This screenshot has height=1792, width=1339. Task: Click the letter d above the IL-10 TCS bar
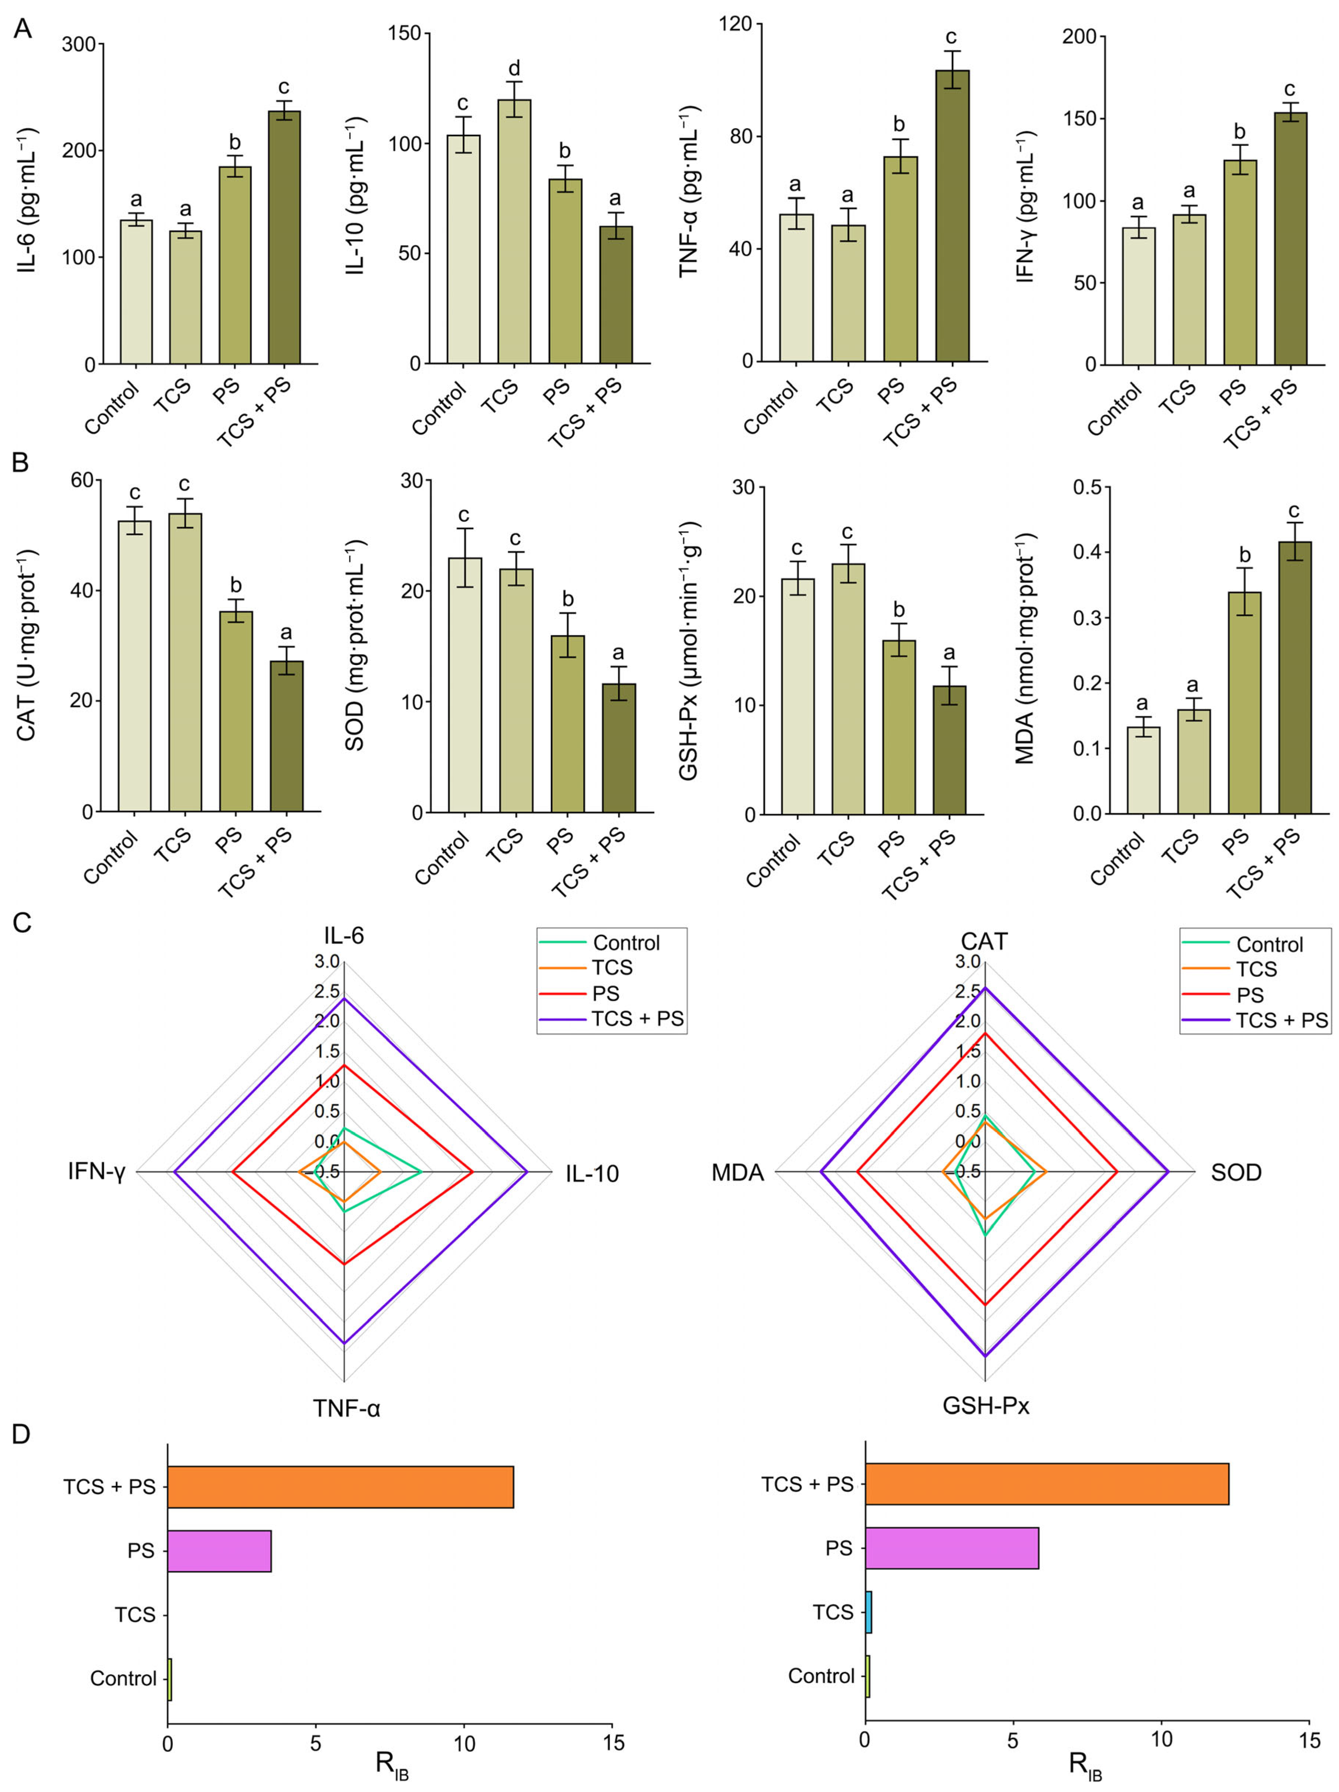[x=514, y=68]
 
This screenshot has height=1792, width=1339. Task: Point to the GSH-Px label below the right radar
[x=986, y=1405]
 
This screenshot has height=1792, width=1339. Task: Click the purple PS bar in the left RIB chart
[x=220, y=1551]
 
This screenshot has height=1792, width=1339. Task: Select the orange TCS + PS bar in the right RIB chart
[x=1047, y=1484]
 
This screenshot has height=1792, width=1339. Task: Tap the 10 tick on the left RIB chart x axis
[x=464, y=1743]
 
